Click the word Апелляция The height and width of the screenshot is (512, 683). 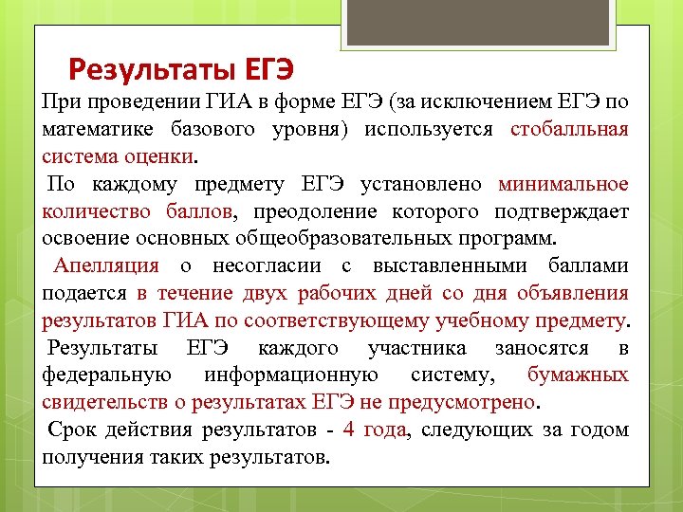[106, 266]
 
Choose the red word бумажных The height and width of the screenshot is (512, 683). [578, 375]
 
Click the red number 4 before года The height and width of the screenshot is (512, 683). [348, 430]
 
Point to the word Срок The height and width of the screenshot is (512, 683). [71, 430]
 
